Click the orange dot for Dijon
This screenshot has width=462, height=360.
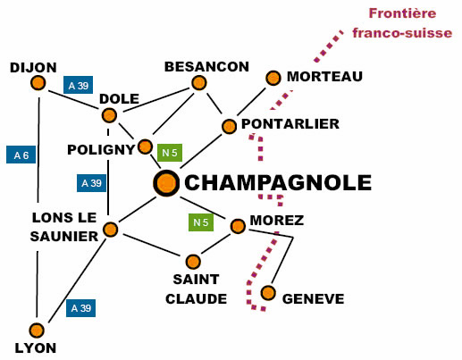[x=38, y=83]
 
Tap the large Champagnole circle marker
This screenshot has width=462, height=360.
[x=166, y=183]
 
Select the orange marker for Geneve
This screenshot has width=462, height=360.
[x=268, y=293]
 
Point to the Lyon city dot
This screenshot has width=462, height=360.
[x=37, y=331]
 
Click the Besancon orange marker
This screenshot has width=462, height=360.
[x=199, y=82]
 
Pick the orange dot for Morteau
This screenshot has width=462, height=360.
[x=273, y=78]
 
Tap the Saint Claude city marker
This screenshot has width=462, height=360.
[x=193, y=262]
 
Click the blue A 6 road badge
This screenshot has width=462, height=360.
[x=21, y=155]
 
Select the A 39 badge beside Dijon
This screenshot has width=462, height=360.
[x=79, y=85]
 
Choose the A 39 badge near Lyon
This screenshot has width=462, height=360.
[x=80, y=308]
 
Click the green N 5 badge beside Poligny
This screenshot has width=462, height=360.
[x=170, y=153]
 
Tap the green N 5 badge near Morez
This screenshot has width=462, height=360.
[x=201, y=222]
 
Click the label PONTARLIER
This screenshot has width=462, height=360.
[x=290, y=124]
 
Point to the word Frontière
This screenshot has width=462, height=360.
[x=402, y=13]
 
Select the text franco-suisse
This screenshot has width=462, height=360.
[x=402, y=33]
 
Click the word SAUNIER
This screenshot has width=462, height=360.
[x=64, y=237]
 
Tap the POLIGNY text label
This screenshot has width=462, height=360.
[x=101, y=150]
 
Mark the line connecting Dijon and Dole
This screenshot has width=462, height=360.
[x=74, y=100]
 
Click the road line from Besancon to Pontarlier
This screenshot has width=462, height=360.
[x=214, y=104]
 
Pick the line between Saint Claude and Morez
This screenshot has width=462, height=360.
[x=216, y=244]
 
